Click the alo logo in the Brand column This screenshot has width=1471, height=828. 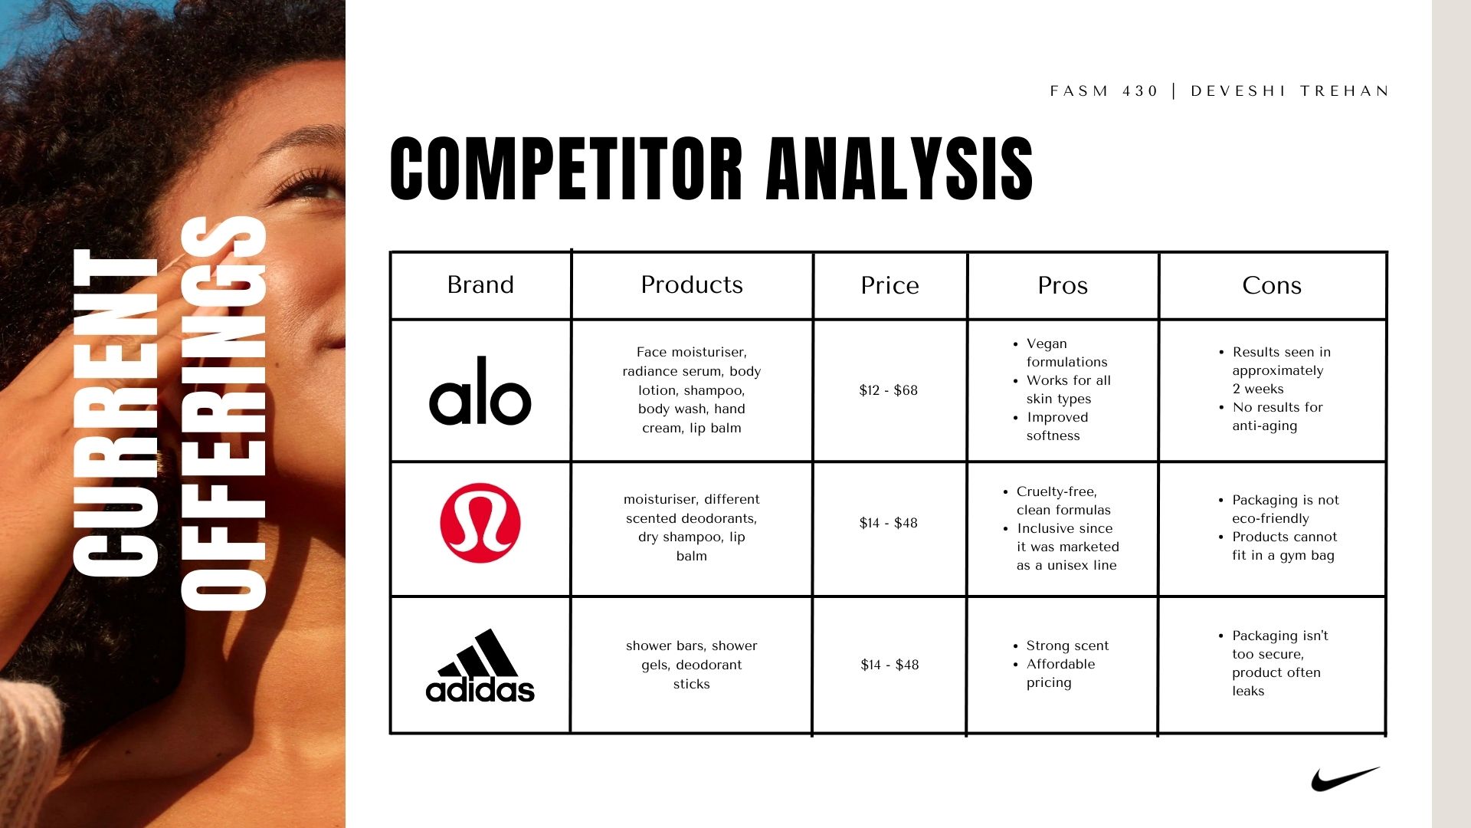(480, 390)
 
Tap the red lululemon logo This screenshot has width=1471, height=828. (480, 523)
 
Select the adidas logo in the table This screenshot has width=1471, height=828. (480, 665)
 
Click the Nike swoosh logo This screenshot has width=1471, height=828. (1345, 779)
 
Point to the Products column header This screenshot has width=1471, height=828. (692, 284)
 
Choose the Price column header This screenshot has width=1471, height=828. (889, 285)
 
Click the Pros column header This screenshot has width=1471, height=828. (1063, 285)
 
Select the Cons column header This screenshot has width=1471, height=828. (1272, 285)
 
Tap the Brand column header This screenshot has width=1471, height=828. (480, 284)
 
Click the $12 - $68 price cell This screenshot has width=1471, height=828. (889, 390)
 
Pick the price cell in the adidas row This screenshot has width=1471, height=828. (889, 665)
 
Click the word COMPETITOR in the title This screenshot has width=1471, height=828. (566, 169)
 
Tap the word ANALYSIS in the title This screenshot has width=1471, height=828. (899, 169)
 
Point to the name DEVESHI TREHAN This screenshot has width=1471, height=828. (1290, 91)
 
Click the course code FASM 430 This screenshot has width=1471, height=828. (1104, 91)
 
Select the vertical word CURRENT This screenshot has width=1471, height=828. (116, 412)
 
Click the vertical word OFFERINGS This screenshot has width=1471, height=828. (223, 413)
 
